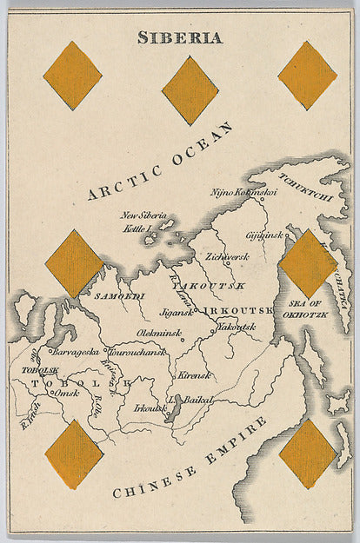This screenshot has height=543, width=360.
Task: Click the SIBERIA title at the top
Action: (x=180, y=37)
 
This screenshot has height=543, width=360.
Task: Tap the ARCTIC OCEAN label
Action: (x=162, y=162)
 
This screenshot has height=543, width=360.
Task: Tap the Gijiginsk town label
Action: (x=264, y=235)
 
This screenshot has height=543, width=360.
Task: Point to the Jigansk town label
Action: (x=175, y=311)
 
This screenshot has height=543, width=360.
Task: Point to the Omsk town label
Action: (x=66, y=394)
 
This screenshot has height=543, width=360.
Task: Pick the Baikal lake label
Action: (x=199, y=400)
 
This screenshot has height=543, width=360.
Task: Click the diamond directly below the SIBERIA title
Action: (x=190, y=90)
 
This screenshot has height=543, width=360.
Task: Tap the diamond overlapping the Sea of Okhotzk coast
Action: (x=308, y=263)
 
